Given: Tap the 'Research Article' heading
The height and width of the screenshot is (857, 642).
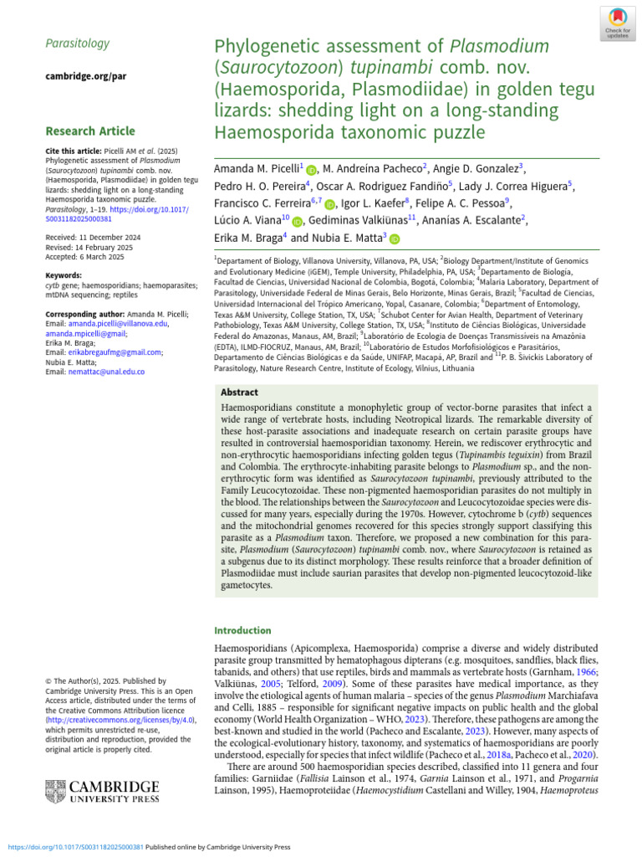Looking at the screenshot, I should [89, 131].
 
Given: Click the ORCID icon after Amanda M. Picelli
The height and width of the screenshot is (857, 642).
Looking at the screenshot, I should [312, 169].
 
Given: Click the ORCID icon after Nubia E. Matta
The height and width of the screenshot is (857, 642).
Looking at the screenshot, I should [395, 239].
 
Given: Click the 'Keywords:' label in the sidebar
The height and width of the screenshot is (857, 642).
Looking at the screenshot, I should [64, 275].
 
